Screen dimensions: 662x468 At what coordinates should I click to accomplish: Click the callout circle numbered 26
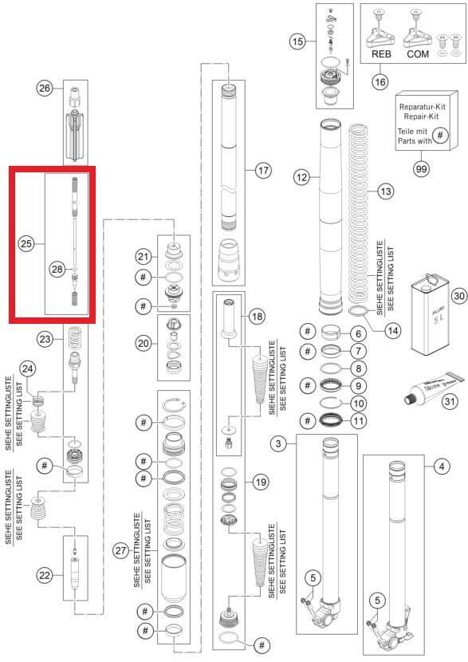(44, 89)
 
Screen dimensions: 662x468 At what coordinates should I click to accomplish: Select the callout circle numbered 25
(26, 243)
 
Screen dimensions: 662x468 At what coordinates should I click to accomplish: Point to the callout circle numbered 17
(262, 170)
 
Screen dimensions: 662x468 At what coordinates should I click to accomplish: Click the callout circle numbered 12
(301, 179)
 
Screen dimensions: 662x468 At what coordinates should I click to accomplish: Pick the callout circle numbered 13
(386, 191)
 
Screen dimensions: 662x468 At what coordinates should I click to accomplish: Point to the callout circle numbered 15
(297, 41)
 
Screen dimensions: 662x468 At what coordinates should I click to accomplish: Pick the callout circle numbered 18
(257, 317)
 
